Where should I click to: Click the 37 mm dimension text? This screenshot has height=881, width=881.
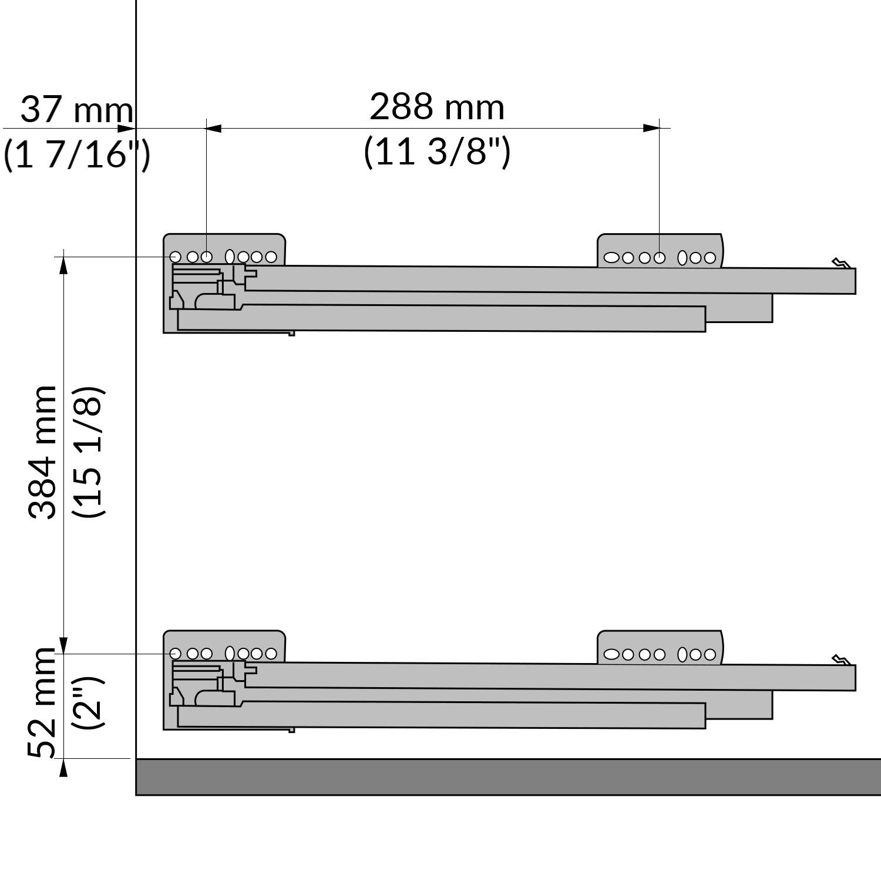tap(77, 110)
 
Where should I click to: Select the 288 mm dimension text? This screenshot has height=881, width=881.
tap(437, 107)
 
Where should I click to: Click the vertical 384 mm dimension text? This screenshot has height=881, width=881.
tap(42, 453)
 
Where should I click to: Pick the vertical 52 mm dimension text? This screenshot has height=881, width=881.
tap(42, 703)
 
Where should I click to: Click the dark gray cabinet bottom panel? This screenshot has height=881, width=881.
tap(509, 777)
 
